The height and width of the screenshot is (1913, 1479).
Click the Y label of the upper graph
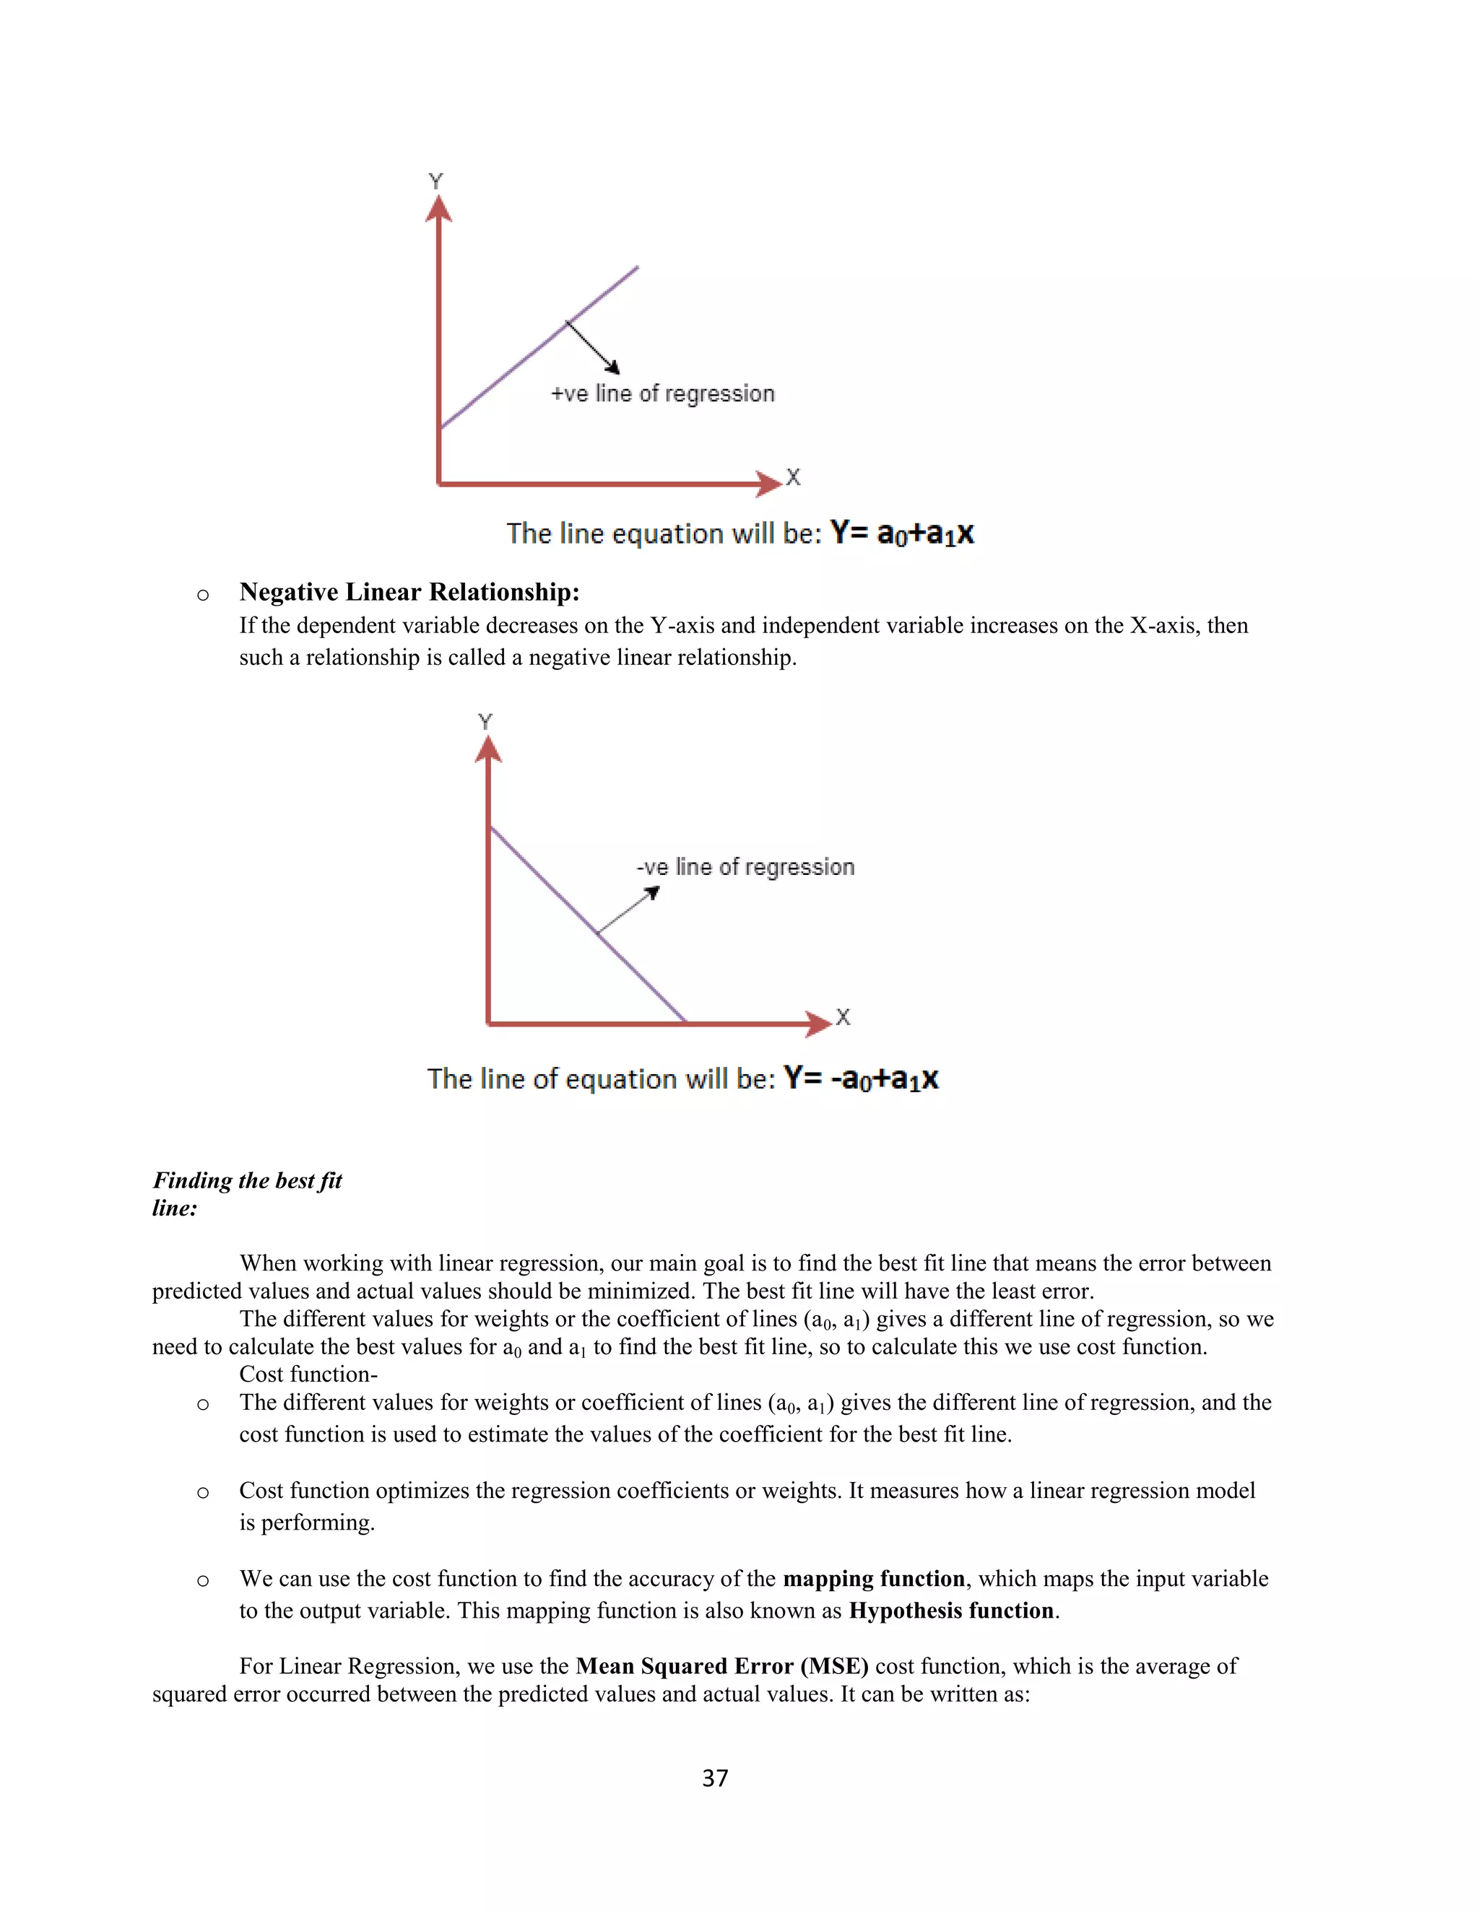tap(435, 181)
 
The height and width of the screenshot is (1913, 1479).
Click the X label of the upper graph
tap(793, 477)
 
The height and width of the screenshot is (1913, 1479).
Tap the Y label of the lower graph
tap(485, 722)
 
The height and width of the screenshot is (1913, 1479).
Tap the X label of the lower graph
tap(843, 1017)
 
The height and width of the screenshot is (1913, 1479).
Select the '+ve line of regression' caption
tap(662, 394)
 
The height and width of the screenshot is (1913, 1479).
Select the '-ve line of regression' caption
tap(745, 867)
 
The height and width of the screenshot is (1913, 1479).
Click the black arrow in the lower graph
tap(628, 910)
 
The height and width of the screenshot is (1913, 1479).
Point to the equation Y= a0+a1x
tap(901, 533)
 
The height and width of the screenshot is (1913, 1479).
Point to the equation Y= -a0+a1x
tap(860, 1078)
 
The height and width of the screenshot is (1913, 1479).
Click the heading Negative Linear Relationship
tap(409, 592)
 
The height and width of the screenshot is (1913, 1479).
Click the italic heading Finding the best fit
tap(247, 1181)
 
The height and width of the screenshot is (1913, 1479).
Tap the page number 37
tap(715, 1777)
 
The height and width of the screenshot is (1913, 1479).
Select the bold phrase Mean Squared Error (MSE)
tap(721, 1666)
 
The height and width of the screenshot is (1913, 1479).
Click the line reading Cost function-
tap(308, 1374)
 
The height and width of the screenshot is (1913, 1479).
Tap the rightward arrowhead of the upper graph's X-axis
tap(768, 484)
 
